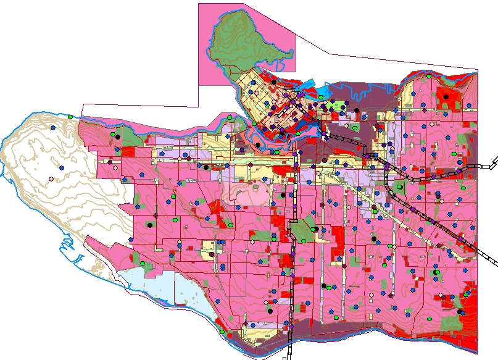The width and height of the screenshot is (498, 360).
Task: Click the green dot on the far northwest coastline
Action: (71, 117)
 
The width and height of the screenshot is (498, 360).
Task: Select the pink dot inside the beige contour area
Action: (51, 179)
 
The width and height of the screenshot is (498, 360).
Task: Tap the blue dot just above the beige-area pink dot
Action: (62, 167)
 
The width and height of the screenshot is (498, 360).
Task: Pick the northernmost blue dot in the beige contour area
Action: (53, 127)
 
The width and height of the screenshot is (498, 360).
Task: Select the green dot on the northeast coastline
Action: (429, 76)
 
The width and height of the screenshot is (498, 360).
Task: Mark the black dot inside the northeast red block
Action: (446, 97)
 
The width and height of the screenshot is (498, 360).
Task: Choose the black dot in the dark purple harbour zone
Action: (356, 111)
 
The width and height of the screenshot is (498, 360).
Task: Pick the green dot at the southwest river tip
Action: (222, 332)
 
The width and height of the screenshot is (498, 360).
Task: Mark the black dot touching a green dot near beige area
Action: (116, 136)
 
